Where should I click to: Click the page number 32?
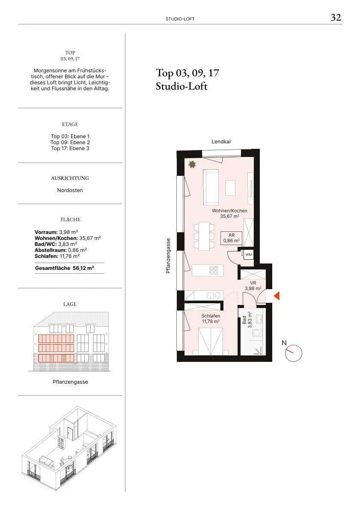tap(336, 17)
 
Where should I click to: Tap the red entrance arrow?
tap(277, 296)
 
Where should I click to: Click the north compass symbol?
tap(293, 352)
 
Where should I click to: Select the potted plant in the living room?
tap(192, 165)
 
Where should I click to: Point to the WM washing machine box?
tap(249, 254)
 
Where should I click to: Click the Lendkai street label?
tap(221, 142)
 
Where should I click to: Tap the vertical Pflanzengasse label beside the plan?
tap(168, 256)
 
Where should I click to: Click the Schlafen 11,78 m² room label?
tap(211, 319)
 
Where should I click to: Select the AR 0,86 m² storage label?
tap(231, 238)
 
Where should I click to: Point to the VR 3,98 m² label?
tap(253, 286)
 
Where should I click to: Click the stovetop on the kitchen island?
tap(214, 270)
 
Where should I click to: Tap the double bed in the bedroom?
tap(211, 341)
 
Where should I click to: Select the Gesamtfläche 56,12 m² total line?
tap(65, 268)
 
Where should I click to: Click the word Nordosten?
tap(70, 190)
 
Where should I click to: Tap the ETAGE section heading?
tap(70, 124)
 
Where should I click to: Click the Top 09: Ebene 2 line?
tap(70, 142)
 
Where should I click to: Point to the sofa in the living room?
tap(211, 187)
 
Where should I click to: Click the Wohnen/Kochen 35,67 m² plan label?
tap(229, 213)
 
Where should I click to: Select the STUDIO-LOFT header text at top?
tap(180, 19)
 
